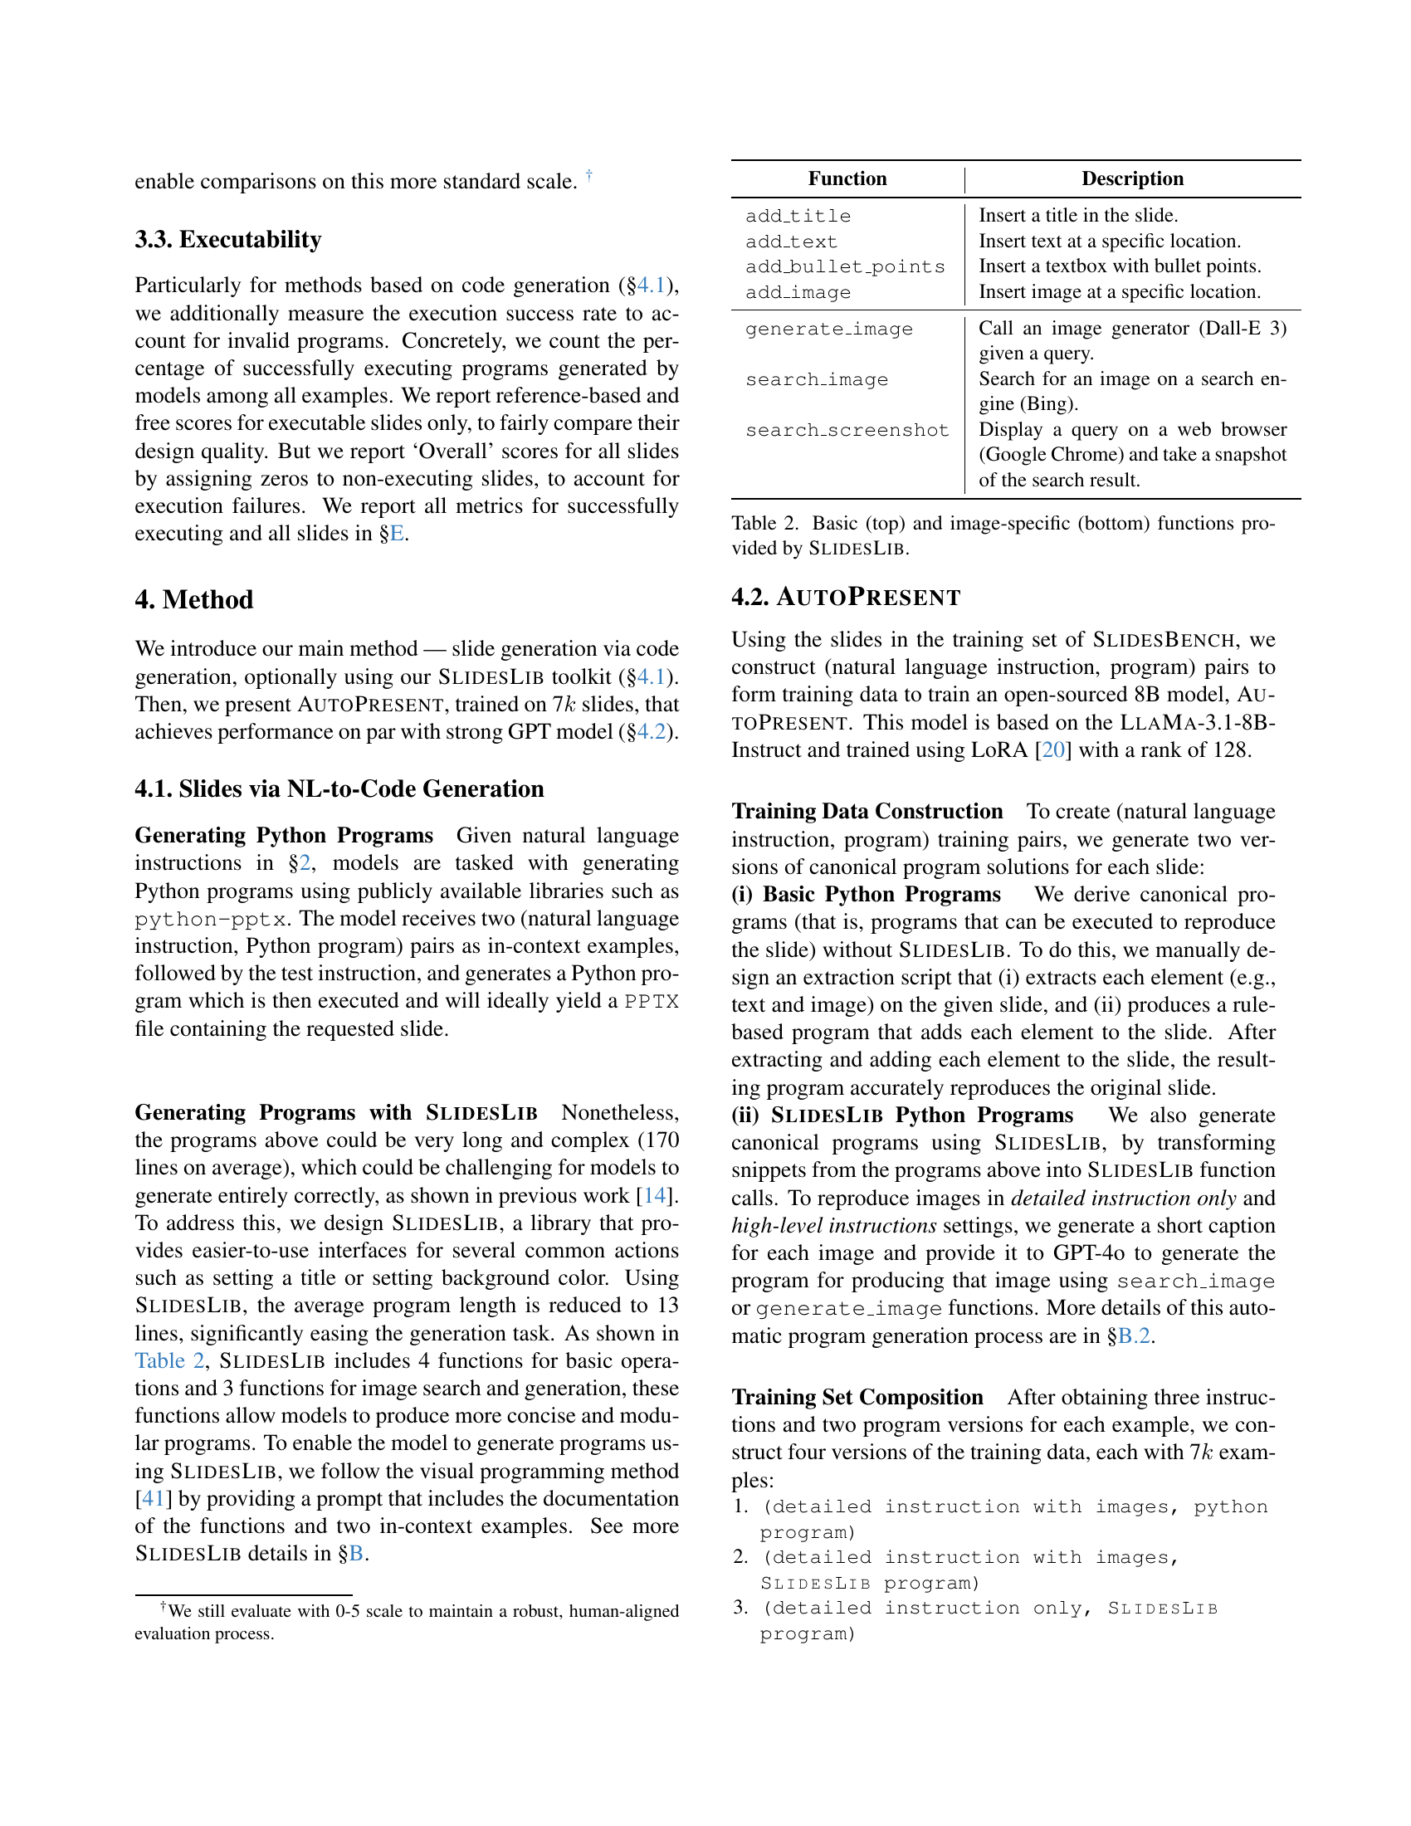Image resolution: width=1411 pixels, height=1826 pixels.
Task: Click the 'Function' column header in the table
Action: pyautogui.click(x=847, y=179)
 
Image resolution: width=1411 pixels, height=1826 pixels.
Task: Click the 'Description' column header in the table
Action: pyautogui.click(x=1132, y=179)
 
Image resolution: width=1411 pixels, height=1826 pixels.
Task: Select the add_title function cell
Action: pyautogui.click(x=798, y=217)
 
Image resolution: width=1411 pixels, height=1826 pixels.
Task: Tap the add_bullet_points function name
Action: pyautogui.click(x=845, y=266)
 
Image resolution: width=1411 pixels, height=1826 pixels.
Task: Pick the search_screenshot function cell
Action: pyautogui.click(x=847, y=431)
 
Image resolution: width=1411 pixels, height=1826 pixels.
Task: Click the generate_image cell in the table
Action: pyautogui.click(x=828, y=330)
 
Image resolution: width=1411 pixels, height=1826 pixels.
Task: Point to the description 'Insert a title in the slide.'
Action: pyautogui.click(x=1078, y=216)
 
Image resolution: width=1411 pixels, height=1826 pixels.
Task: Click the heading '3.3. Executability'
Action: pyautogui.click(x=228, y=240)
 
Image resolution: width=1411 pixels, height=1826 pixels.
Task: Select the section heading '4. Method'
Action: pyautogui.click(x=194, y=600)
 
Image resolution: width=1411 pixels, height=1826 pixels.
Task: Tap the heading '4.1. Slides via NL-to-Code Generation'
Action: pyautogui.click(x=339, y=789)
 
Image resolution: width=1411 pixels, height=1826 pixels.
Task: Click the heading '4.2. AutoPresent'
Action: pyautogui.click(x=846, y=598)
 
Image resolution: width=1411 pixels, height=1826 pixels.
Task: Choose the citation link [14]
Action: pyautogui.click(x=656, y=1195)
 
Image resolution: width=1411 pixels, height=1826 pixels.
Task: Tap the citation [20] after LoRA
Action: pyautogui.click(x=1052, y=750)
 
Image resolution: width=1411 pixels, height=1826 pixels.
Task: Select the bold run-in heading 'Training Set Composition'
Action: pyautogui.click(x=857, y=1398)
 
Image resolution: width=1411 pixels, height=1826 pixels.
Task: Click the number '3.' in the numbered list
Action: pyautogui.click(x=740, y=1608)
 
